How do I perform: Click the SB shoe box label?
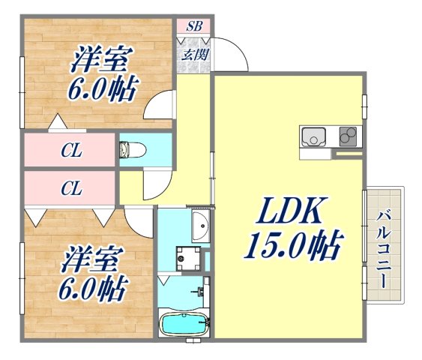tap(194, 25)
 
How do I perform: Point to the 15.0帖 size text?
tap(292, 245)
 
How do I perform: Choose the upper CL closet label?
tap(71, 150)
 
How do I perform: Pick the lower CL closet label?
tap(71, 189)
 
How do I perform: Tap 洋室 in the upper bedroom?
tap(103, 58)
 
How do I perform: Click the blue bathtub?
tap(184, 325)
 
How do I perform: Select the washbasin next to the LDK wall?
tap(199, 226)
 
